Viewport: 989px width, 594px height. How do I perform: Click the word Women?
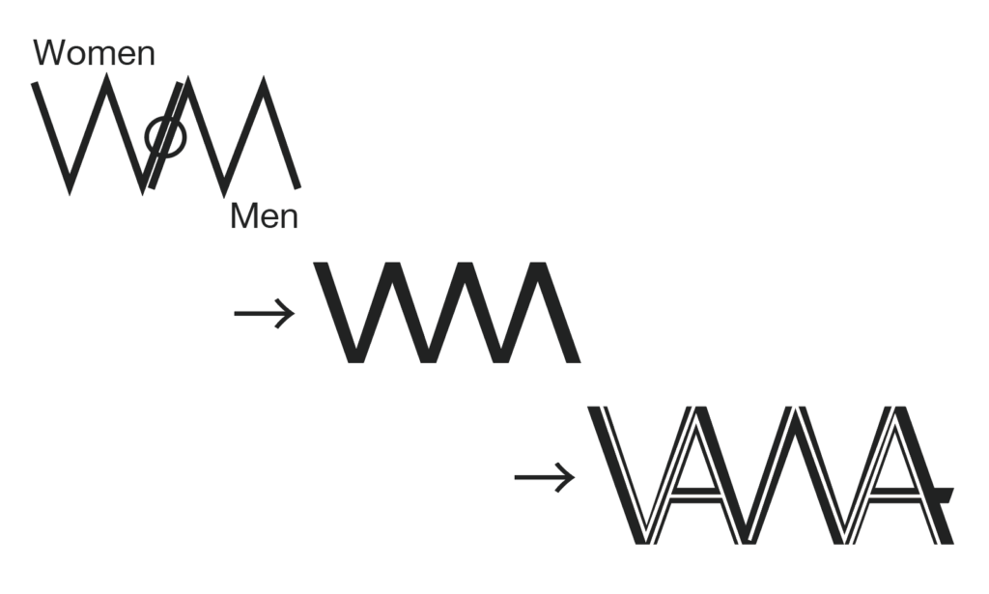tap(94, 53)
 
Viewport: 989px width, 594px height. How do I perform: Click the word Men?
tap(264, 217)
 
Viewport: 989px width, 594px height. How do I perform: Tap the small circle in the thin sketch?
tap(165, 137)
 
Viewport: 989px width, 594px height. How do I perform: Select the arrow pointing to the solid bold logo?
tap(264, 312)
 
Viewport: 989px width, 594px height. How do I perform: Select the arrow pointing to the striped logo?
tap(544, 476)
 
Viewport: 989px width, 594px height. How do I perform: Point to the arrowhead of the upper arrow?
tap(286, 312)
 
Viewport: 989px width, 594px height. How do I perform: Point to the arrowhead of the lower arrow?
tap(566, 476)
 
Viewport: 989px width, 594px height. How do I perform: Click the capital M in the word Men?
tap(244, 217)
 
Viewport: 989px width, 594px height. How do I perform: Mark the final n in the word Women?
tap(145, 55)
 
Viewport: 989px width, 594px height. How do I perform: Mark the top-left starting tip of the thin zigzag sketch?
tap(36, 85)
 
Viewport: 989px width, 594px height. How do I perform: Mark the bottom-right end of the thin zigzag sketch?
tap(297, 185)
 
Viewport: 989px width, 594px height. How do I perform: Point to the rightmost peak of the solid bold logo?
tap(539, 268)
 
